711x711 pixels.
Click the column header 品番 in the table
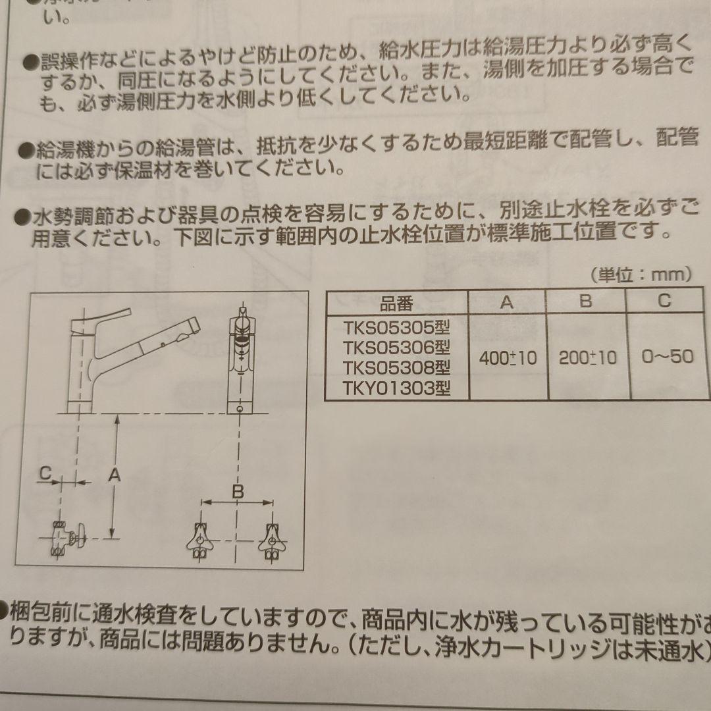point(396,303)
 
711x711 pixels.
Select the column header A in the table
point(506,302)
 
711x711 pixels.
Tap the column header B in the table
point(585,301)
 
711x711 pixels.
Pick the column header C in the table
point(664,300)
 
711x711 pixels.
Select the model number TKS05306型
point(396,347)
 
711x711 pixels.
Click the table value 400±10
point(508,358)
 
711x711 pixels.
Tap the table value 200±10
point(588,357)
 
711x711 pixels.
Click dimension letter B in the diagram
point(238,491)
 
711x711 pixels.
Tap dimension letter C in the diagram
point(45,473)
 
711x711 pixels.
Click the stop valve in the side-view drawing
point(67,538)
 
